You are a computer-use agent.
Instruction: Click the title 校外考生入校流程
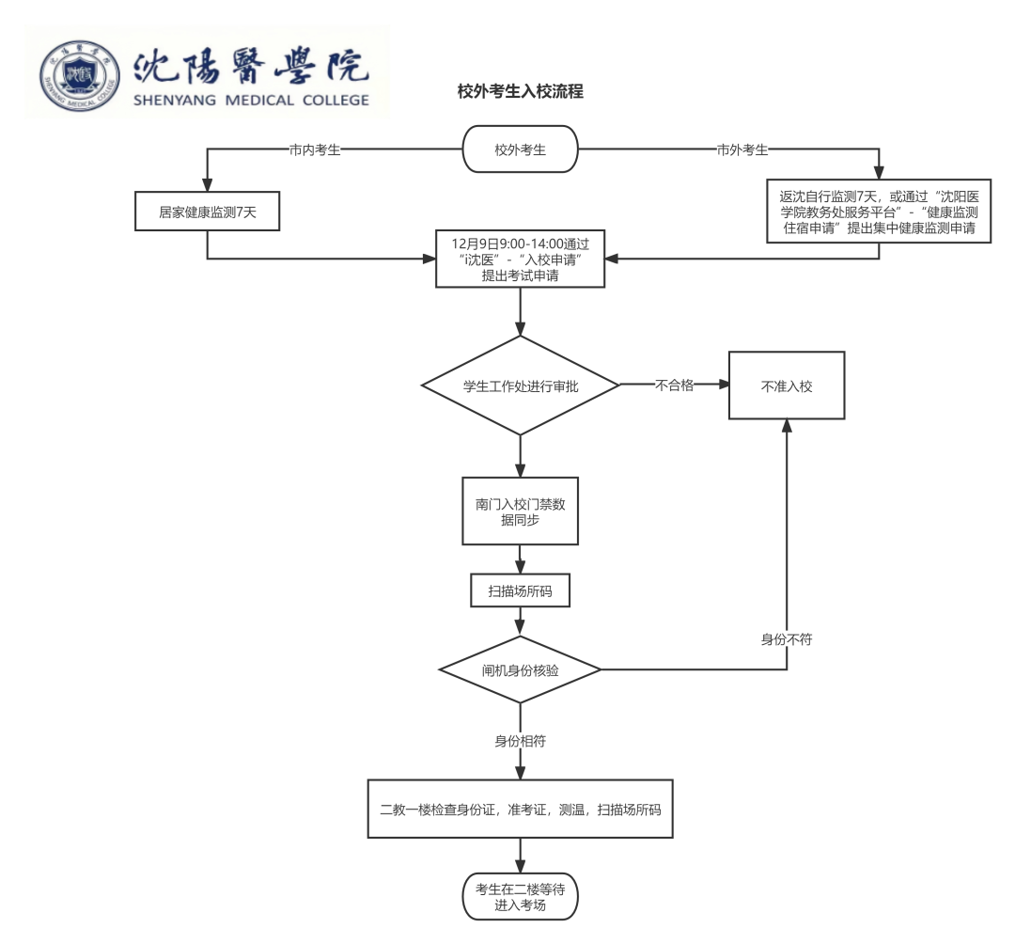click(x=520, y=91)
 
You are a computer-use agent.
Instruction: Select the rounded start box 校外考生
click(x=520, y=149)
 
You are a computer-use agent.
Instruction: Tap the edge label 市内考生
click(x=315, y=149)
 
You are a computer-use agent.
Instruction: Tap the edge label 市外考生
click(x=742, y=149)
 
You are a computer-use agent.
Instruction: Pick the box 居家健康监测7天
click(x=208, y=212)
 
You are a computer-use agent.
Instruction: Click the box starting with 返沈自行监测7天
click(x=879, y=212)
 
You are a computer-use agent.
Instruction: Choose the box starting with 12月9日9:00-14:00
click(x=520, y=258)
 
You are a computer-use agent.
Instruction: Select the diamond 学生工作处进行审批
click(x=520, y=385)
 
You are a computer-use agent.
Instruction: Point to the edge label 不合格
click(x=674, y=385)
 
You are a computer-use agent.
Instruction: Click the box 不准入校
click(x=787, y=385)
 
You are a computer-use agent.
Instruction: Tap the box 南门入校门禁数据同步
click(x=520, y=511)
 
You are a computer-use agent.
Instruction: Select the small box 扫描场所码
click(x=520, y=591)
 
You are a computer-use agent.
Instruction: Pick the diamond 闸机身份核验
click(x=520, y=669)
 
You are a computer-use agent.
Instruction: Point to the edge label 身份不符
click(x=786, y=639)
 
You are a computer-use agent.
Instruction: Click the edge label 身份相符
click(x=520, y=741)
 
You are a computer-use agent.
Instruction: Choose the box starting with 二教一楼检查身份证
click(x=520, y=808)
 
